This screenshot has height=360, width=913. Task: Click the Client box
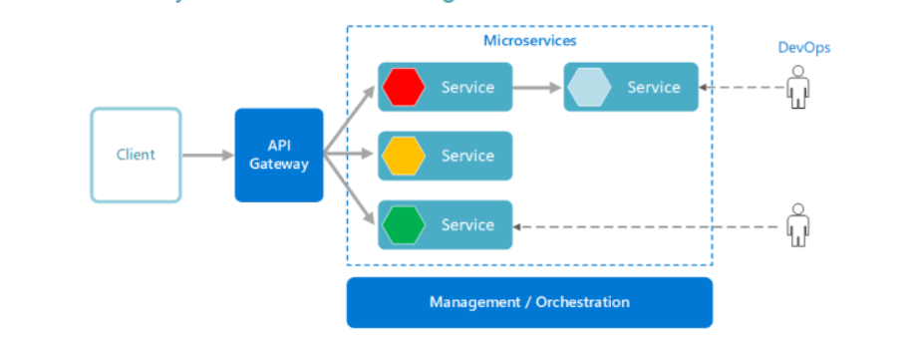pyautogui.click(x=136, y=155)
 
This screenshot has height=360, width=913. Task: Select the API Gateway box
pyautogui.click(x=279, y=155)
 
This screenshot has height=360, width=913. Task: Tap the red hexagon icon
pyautogui.click(x=403, y=87)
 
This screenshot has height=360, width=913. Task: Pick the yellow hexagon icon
pyautogui.click(x=403, y=156)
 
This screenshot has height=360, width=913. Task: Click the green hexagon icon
pyautogui.click(x=403, y=224)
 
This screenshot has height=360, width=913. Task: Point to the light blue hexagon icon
pyautogui.click(x=589, y=87)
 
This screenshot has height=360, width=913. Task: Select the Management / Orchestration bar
pyautogui.click(x=529, y=302)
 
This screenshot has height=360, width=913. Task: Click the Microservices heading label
pyautogui.click(x=529, y=41)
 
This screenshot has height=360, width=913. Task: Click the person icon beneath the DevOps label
pyautogui.click(x=796, y=87)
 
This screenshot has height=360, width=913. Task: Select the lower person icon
pyautogui.click(x=796, y=224)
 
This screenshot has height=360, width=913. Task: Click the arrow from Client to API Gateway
pyautogui.click(x=207, y=156)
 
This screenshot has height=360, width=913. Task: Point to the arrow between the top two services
pyautogui.click(x=538, y=87)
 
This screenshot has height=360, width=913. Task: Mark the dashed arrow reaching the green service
pyautogui.click(x=648, y=226)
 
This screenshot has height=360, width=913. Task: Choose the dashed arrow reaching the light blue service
pyautogui.click(x=743, y=88)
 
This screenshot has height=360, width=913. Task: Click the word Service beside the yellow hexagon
pyautogui.click(x=467, y=156)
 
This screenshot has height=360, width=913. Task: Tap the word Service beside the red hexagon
pyautogui.click(x=467, y=87)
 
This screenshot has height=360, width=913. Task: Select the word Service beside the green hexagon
pyautogui.click(x=467, y=224)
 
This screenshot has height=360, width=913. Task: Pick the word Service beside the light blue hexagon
pyautogui.click(x=654, y=87)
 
